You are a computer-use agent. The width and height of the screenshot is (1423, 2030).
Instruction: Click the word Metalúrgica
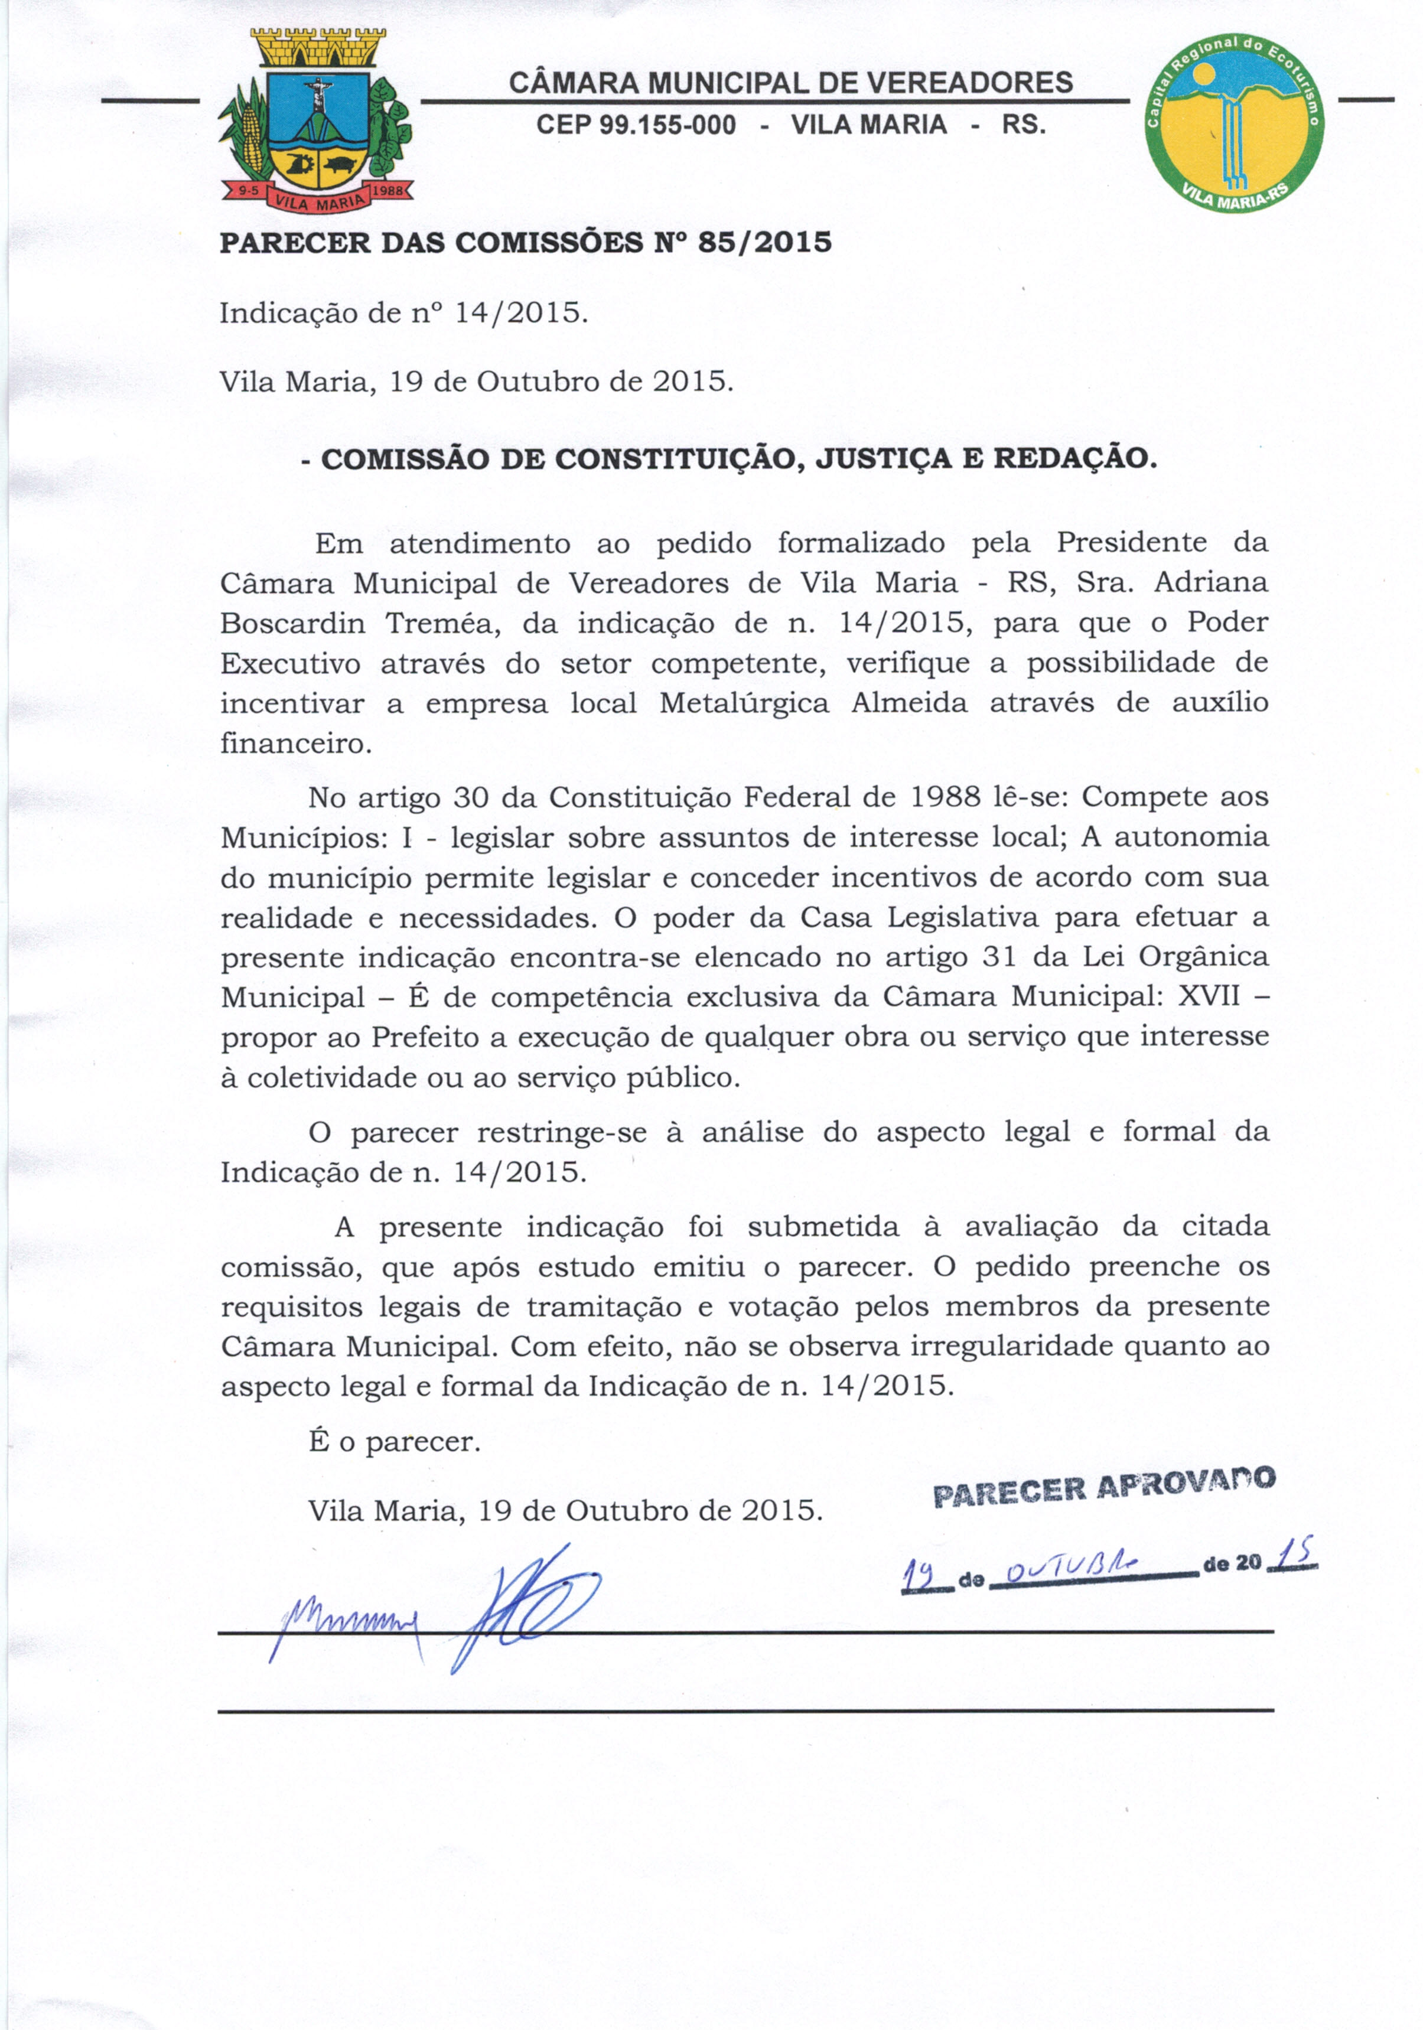coord(744,704)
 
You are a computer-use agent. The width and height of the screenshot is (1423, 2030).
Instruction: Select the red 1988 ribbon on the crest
coord(388,190)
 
